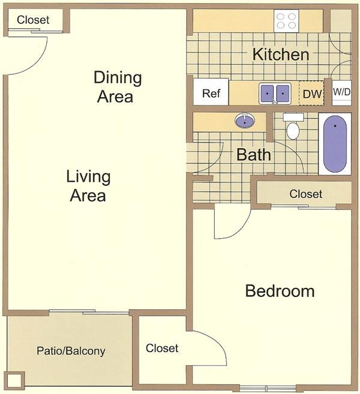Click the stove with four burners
(286, 21)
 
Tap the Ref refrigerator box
(210, 93)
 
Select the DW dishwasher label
(311, 94)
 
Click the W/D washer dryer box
(341, 92)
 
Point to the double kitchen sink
(275, 94)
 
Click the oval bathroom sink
(244, 121)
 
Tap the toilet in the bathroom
(293, 128)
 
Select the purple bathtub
(335, 145)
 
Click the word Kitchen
(280, 55)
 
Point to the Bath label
(253, 155)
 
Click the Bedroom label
(280, 291)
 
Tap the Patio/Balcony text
(71, 351)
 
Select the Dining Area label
(118, 87)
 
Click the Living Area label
(88, 186)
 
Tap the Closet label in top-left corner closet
(33, 20)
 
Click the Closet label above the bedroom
(305, 194)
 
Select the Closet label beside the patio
(162, 348)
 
